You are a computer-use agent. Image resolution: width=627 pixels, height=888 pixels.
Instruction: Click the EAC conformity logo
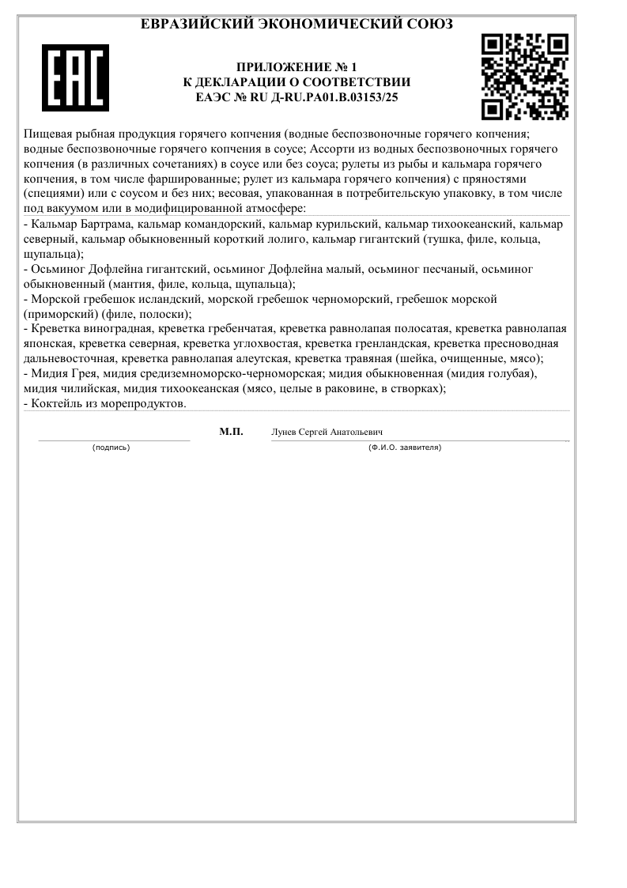coord(75,77)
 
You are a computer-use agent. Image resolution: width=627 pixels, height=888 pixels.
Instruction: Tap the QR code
coord(525,76)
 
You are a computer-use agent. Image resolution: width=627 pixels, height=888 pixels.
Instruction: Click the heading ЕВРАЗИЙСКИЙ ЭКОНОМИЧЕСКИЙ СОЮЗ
coord(297,25)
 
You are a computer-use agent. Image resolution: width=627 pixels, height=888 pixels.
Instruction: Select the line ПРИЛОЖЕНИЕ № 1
coord(297,67)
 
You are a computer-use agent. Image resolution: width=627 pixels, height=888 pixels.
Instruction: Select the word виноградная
coord(115,328)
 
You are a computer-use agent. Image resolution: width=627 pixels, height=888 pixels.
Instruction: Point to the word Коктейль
coord(55,402)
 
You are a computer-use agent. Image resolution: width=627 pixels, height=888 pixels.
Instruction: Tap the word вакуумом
coord(70,208)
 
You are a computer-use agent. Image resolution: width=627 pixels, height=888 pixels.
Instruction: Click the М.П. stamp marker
coord(231,432)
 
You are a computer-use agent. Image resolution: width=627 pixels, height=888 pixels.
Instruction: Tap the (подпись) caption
coord(111,448)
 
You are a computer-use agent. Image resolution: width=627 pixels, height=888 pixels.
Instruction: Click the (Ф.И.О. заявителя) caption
coord(405,448)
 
